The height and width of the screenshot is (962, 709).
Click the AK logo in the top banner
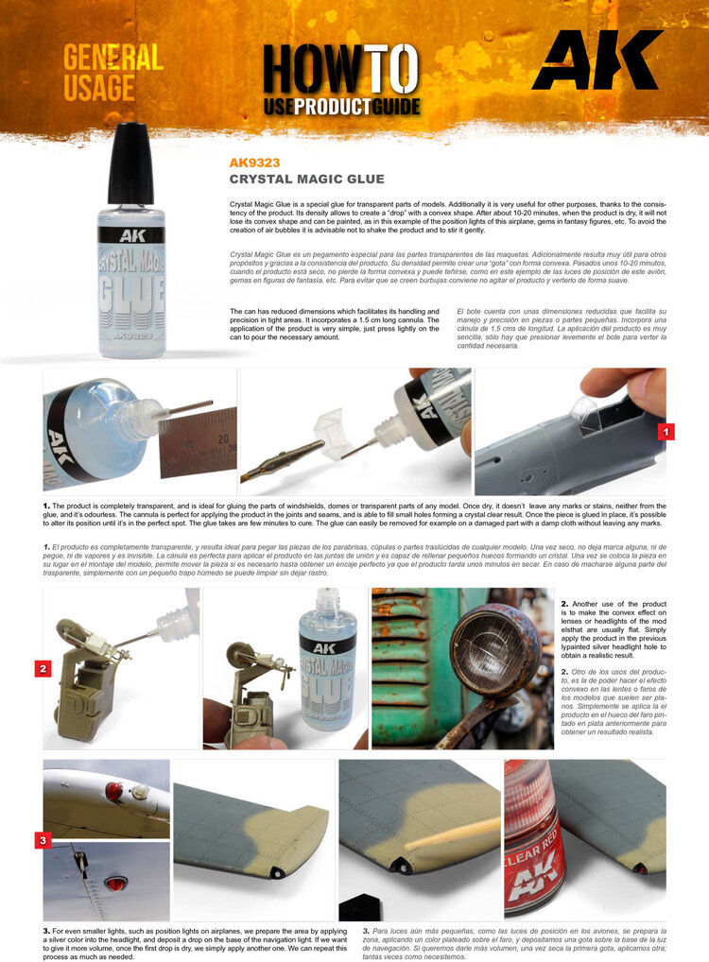(597, 60)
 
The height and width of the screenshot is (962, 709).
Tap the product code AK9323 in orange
(254, 163)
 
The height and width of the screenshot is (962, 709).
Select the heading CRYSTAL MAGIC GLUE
(306, 179)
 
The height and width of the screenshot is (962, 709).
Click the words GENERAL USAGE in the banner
(112, 72)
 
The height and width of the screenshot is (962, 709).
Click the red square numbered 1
(666, 432)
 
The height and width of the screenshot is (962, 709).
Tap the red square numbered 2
(43, 668)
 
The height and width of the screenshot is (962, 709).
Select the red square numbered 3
(43, 838)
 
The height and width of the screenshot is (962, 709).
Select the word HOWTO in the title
(339, 70)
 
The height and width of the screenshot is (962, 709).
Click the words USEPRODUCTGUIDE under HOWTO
(340, 106)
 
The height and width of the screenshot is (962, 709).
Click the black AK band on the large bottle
(130, 234)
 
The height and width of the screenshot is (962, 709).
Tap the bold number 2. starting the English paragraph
(564, 603)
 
